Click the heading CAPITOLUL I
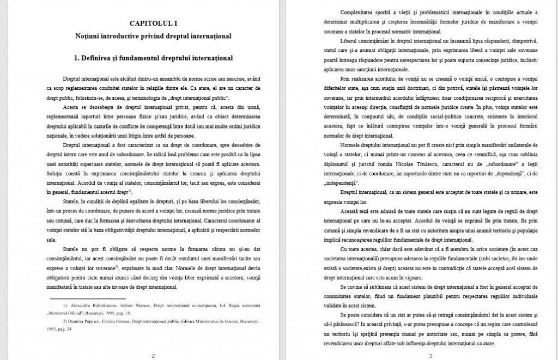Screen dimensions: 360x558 pyautogui.click(x=153, y=23)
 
